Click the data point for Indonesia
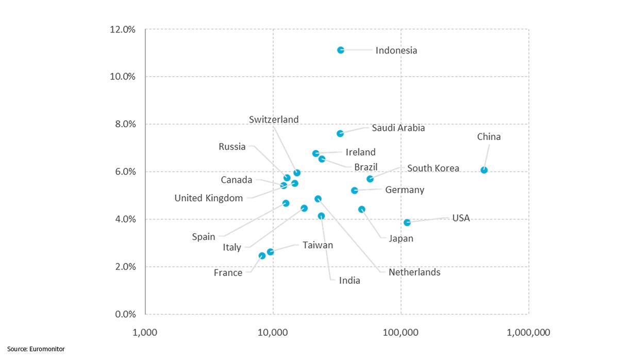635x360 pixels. pyautogui.click(x=341, y=50)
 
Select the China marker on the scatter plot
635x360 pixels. pyautogui.click(x=484, y=170)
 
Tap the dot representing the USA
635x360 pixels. pyautogui.click(x=407, y=222)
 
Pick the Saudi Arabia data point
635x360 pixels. pyautogui.click(x=340, y=133)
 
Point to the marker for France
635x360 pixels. pyautogui.click(x=262, y=255)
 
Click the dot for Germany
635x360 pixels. pyautogui.click(x=355, y=191)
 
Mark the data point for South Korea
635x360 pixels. pyautogui.click(x=370, y=179)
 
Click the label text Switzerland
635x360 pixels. pyautogui.click(x=274, y=119)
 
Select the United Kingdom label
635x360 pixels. pyautogui.click(x=208, y=198)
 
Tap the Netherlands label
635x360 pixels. pyautogui.click(x=414, y=272)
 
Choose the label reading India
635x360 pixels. pyautogui.click(x=349, y=281)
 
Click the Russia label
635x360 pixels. pyautogui.click(x=232, y=147)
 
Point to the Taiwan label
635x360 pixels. pyautogui.click(x=317, y=245)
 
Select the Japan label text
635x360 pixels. pyautogui.click(x=401, y=238)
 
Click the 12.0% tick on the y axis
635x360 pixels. pyautogui.click(x=123, y=29)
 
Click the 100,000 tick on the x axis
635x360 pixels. pyautogui.click(x=400, y=332)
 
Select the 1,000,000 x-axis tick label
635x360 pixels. pyautogui.click(x=528, y=332)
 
